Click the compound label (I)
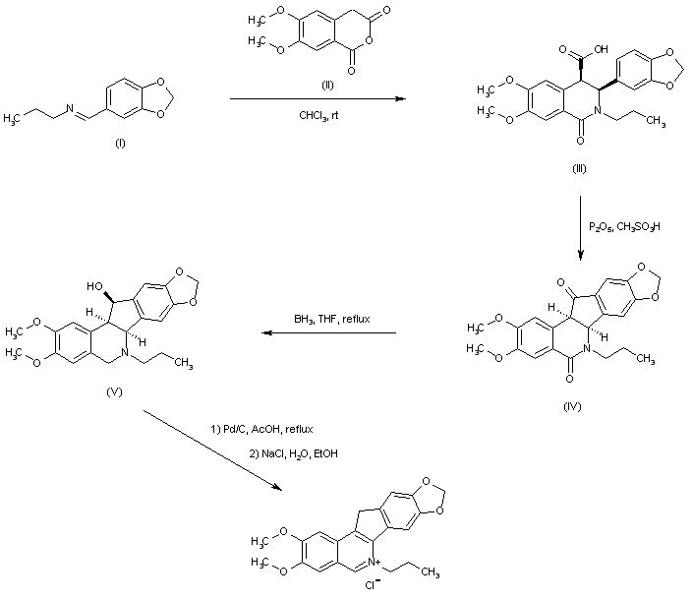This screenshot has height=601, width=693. (x=119, y=144)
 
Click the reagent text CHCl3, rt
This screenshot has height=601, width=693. (x=319, y=115)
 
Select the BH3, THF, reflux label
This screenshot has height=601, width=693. (x=328, y=320)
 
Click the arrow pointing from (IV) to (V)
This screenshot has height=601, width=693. (x=328, y=333)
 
